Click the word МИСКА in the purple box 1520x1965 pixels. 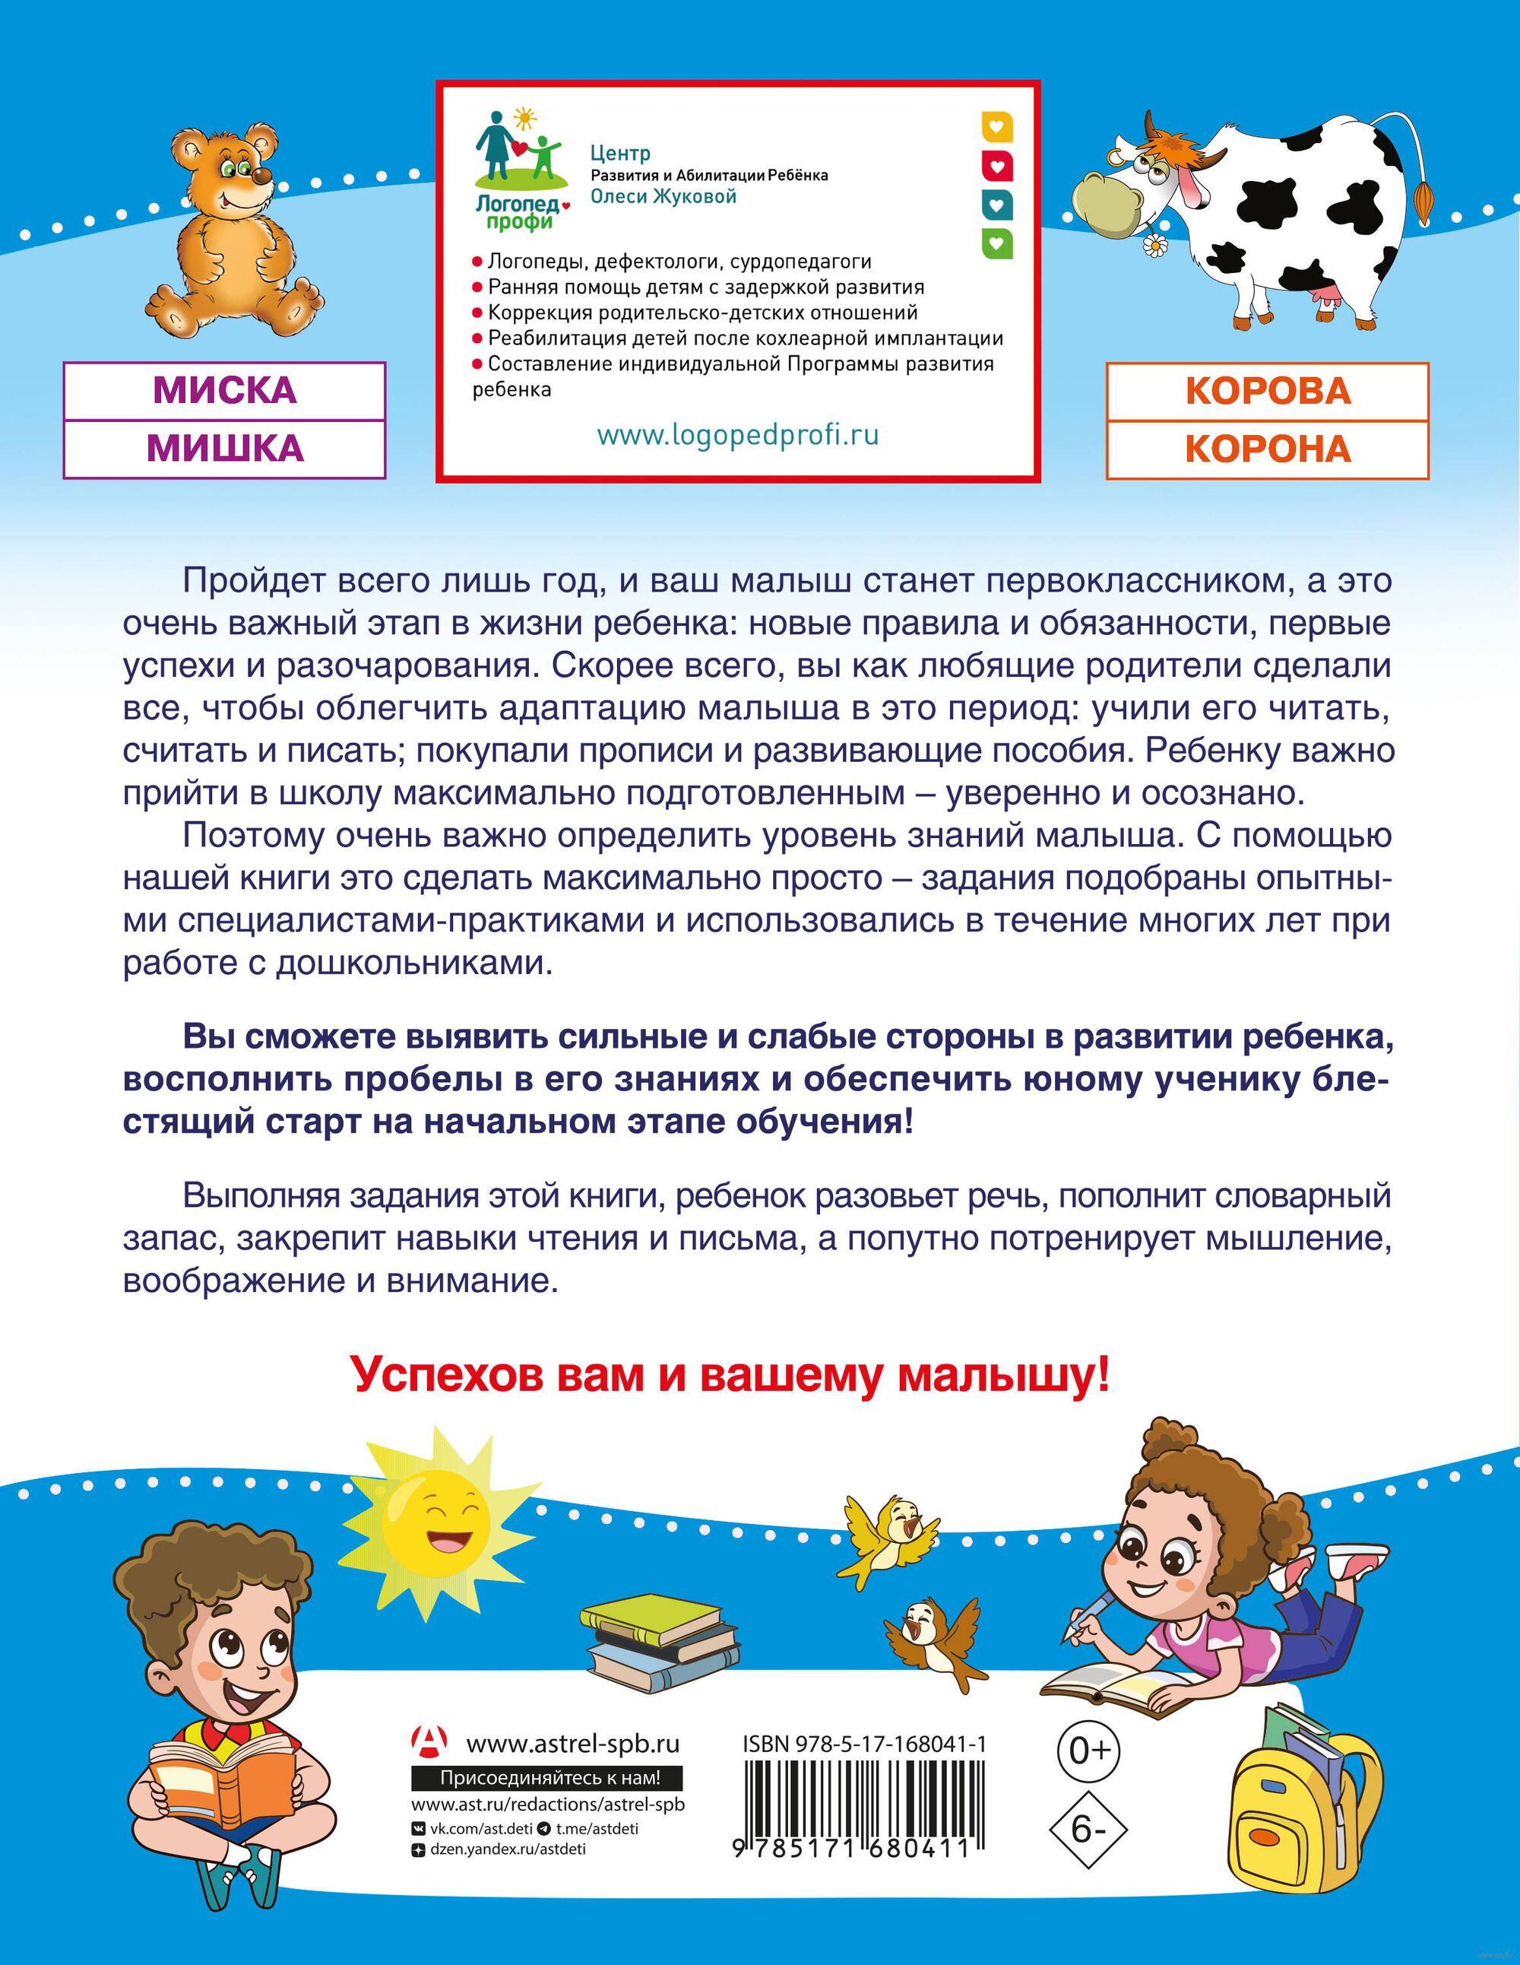pos(224,390)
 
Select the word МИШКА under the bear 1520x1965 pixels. pos(224,448)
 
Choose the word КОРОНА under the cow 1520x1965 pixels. pos(1267,448)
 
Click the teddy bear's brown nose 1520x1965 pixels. pos(260,177)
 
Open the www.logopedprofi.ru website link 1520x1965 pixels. pos(737,436)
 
